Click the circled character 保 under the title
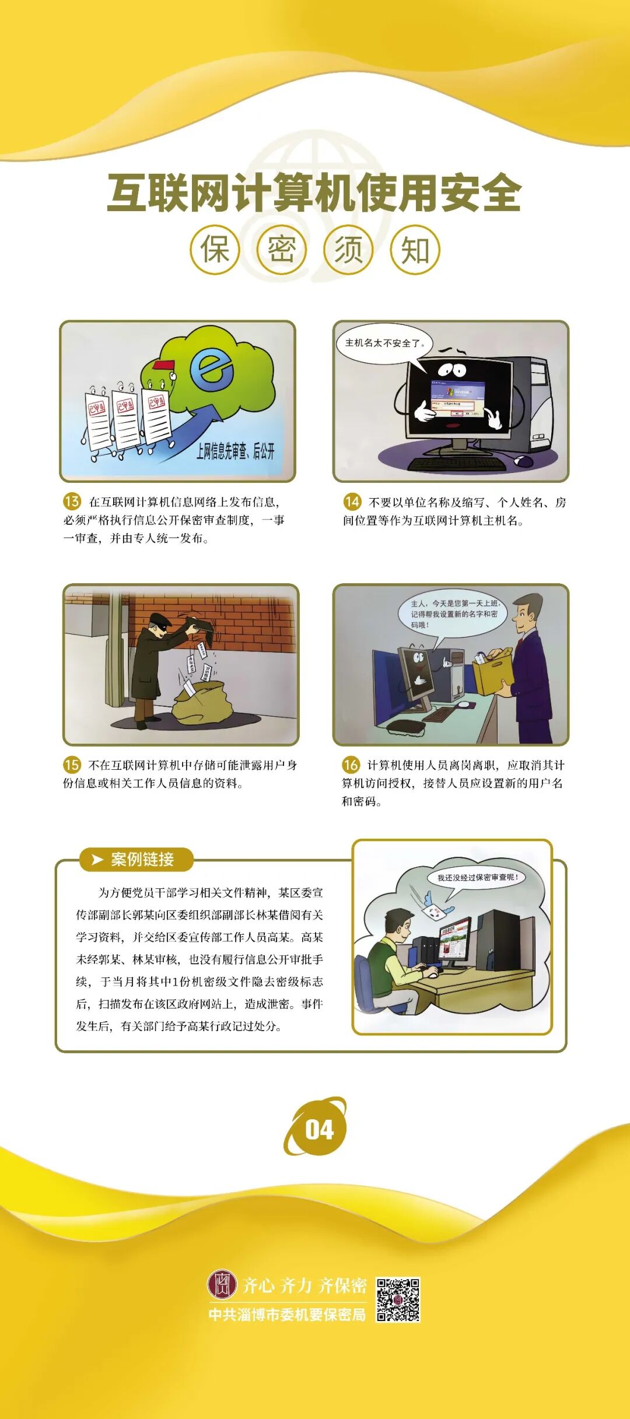(215, 250)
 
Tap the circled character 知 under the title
(415, 250)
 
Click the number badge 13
(72, 501)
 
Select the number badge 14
(352, 502)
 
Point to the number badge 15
(72, 764)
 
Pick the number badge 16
(351, 764)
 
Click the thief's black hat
(158, 619)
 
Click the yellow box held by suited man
(493, 675)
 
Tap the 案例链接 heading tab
(136, 859)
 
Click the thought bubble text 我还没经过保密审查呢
(477, 877)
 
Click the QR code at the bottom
(398, 1300)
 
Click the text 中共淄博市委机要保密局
(287, 1315)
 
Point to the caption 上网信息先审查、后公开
(235, 451)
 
